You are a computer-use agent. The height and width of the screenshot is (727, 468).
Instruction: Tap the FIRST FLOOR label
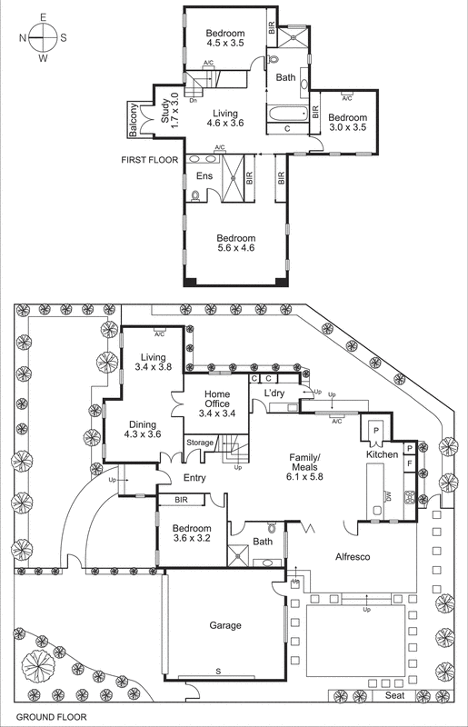click(151, 159)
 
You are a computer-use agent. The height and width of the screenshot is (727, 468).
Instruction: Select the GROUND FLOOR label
click(44, 717)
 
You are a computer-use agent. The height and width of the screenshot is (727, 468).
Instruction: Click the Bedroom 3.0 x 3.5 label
click(347, 123)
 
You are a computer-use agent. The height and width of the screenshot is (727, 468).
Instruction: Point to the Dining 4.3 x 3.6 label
click(143, 430)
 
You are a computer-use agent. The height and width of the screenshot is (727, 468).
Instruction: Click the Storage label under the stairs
click(200, 443)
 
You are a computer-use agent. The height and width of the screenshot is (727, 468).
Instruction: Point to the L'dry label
click(275, 393)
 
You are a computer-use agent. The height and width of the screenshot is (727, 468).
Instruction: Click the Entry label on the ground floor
click(194, 478)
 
